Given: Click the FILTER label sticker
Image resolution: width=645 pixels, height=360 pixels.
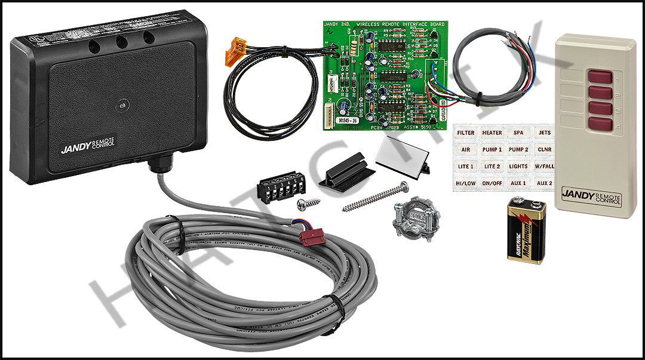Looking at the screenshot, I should pos(466,133).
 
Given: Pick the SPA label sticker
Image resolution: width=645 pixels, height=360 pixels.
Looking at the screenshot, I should pos(518,133).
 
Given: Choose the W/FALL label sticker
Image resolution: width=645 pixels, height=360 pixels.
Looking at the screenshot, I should pos(544,166).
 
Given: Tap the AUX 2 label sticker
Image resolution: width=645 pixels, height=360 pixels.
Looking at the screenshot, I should pos(544,183).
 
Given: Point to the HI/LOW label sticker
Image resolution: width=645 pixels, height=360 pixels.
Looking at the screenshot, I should pos(466,183).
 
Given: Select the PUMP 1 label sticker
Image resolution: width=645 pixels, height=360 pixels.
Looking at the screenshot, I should pos(492,149).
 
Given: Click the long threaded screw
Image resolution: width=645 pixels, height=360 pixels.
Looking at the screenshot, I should pos(375,198).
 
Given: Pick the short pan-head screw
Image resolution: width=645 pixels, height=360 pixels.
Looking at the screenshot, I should pos(308,203).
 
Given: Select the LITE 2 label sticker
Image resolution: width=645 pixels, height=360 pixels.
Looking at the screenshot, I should pos(492,166).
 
